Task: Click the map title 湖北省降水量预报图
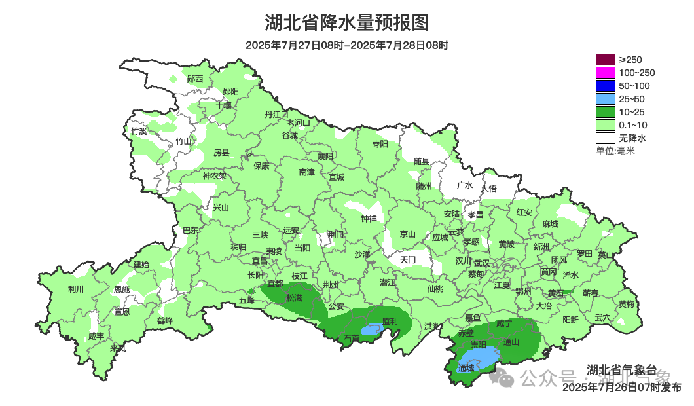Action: coord(347,23)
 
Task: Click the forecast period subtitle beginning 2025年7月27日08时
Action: coord(347,45)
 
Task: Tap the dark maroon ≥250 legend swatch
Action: coord(605,60)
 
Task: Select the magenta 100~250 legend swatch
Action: coord(605,73)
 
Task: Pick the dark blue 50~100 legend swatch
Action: coord(605,86)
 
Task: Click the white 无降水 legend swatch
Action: coord(605,138)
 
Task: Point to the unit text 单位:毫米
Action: coord(615,151)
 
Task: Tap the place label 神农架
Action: coord(214,175)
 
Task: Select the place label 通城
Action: coord(466,369)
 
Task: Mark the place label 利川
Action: coord(76,289)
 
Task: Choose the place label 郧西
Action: coord(195,79)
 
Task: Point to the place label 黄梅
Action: coord(626,304)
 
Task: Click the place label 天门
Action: coord(407,260)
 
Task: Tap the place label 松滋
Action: coord(294,297)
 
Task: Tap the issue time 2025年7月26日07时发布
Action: coord(621,388)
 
